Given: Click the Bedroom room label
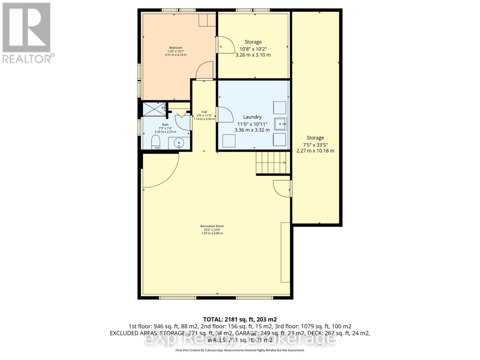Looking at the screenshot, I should click(175, 48).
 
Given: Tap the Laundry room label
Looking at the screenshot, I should click(252, 117).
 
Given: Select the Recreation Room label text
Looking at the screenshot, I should click(212, 226).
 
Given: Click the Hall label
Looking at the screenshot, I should click(204, 112).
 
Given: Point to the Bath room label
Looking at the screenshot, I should click(165, 124).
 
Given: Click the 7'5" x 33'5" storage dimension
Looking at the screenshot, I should click(315, 144).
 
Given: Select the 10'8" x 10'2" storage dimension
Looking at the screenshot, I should click(253, 49).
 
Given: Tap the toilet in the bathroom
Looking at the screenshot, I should click(156, 142).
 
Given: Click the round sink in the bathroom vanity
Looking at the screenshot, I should click(179, 143).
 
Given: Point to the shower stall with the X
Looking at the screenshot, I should click(154, 109).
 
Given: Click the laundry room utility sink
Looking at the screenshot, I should click(280, 124).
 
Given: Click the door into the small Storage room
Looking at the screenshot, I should click(226, 45).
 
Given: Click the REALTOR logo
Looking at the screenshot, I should click(28, 33).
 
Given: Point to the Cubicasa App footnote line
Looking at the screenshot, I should click(240, 350).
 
